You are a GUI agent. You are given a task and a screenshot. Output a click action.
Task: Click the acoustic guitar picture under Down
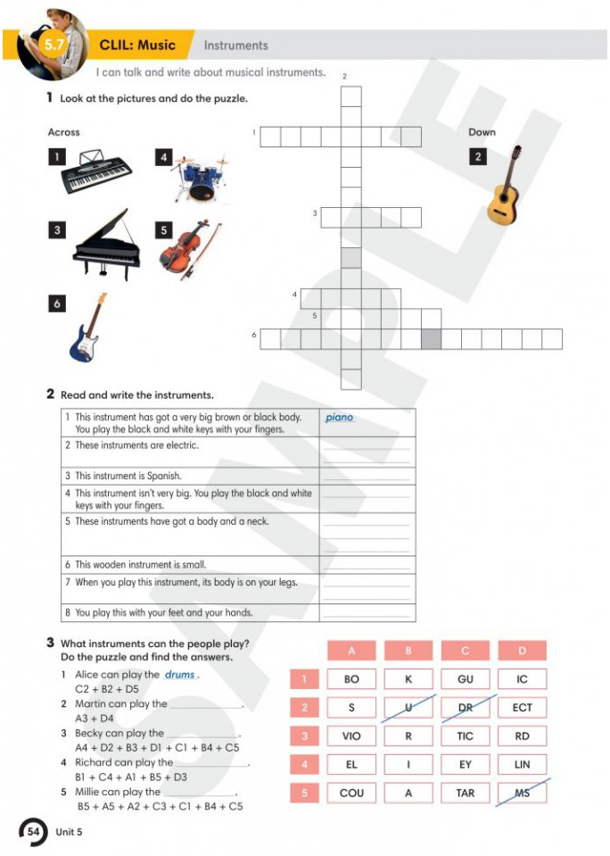coord(504,186)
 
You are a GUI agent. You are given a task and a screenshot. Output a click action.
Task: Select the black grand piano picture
coord(106,244)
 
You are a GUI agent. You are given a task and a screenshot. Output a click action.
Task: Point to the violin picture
coord(189,248)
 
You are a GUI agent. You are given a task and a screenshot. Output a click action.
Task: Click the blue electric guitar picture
coord(88,328)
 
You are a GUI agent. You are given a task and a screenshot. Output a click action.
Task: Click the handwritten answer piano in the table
coord(340,418)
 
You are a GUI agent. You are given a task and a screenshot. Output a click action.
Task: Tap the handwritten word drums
coord(180,675)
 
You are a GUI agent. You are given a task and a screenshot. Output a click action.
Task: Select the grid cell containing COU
coord(351,793)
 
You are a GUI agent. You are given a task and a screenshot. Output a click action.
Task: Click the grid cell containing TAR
coord(465,793)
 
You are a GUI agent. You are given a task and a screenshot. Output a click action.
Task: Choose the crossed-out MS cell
coord(522,793)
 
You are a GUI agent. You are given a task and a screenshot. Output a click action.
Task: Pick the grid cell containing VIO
coord(351,735)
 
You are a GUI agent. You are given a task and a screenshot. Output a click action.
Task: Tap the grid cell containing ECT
coord(522,708)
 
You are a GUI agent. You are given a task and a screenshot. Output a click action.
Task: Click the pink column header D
coord(522,651)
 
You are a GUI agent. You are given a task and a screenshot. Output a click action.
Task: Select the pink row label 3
coord(304,735)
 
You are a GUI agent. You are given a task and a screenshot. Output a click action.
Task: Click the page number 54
coord(34,831)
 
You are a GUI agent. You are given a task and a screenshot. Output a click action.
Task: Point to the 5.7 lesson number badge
coord(54,45)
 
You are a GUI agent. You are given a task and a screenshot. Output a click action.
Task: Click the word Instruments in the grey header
coord(235,46)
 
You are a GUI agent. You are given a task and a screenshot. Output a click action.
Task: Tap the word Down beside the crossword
coord(482,132)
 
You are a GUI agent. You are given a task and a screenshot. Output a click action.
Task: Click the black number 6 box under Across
coord(57,303)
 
